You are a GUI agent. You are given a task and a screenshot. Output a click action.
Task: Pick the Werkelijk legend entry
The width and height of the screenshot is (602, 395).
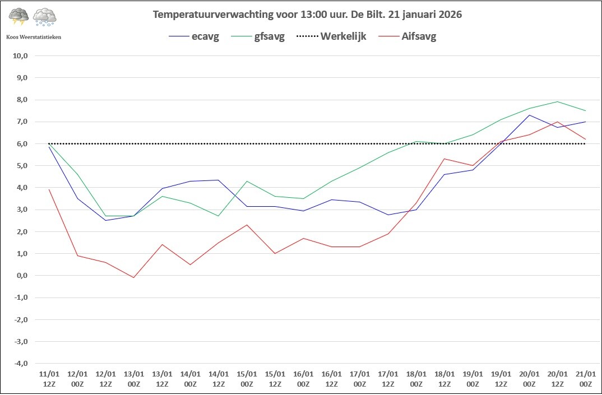(x=342, y=38)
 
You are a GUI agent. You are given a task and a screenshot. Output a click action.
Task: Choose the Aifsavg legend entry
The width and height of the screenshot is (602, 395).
(x=419, y=38)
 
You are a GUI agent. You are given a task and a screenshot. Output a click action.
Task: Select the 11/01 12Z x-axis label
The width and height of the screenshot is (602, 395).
(x=49, y=378)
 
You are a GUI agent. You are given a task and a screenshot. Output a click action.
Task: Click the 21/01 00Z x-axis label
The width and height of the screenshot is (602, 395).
(x=585, y=378)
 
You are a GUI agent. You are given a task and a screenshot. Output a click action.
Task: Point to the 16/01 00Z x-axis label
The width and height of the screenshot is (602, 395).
(x=303, y=378)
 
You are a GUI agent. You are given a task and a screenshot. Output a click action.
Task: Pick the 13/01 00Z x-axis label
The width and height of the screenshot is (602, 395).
(x=133, y=378)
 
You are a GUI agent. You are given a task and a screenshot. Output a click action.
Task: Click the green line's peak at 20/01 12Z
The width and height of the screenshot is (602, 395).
(x=557, y=101)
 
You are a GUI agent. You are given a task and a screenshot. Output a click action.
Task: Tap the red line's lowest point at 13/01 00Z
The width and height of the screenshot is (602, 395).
(x=133, y=277)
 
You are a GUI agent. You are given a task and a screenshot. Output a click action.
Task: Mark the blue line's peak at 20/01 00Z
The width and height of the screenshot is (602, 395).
(x=529, y=115)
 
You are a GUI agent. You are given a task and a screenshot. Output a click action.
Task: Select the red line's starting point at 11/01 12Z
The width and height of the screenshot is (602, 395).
(x=49, y=189)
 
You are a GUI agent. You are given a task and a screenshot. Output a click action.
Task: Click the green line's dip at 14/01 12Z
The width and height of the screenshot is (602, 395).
(x=218, y=216)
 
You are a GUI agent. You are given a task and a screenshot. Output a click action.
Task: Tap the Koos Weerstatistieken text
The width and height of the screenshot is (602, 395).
(x=34, y=36)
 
